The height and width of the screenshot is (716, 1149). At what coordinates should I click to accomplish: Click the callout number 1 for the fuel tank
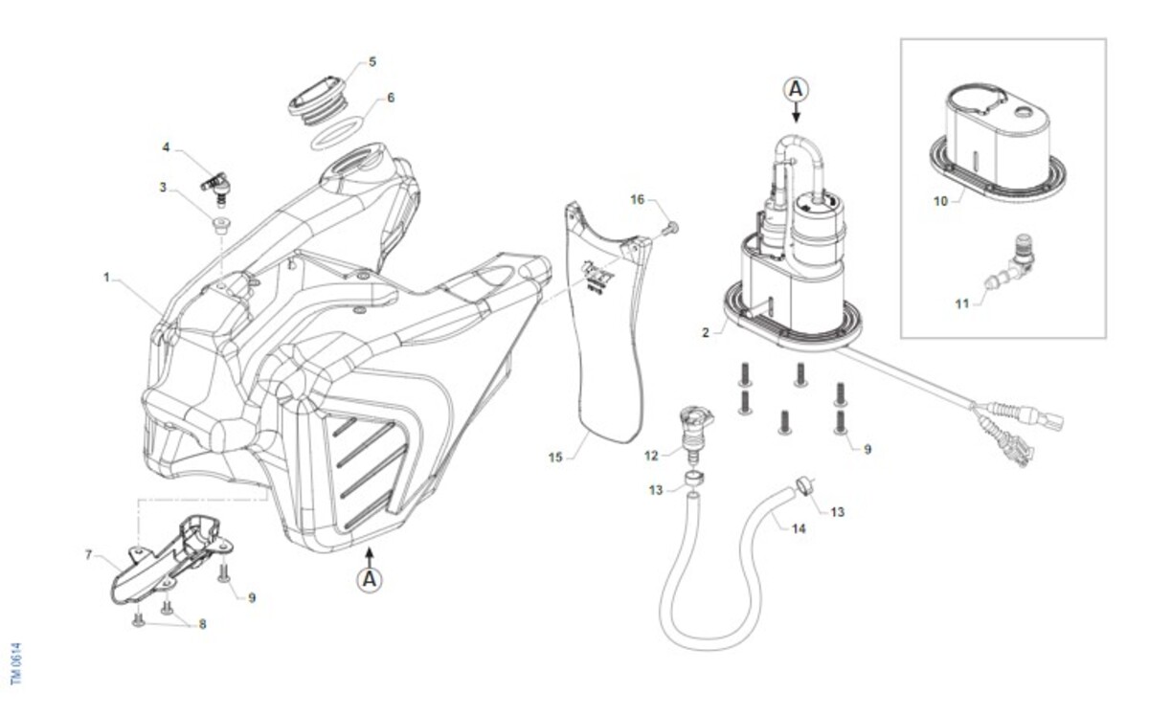pos(106,278)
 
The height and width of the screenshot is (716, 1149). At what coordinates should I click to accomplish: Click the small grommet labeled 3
pos(221,226)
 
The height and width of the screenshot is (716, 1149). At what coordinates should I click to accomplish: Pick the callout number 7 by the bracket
pos(88,554)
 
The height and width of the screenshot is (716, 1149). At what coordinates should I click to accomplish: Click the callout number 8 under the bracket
pos(203,624)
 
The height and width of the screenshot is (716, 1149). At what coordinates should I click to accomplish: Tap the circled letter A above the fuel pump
pos(796,90)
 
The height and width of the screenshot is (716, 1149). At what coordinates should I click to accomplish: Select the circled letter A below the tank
pos(370,579)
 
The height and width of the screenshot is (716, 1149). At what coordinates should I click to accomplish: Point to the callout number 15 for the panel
pos(555,457)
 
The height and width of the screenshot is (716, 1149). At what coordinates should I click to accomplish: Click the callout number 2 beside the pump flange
pos(706,333)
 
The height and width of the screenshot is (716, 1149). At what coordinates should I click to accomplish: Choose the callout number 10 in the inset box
pos(940,201)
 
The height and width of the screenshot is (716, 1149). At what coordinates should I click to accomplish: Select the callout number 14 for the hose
pos(800,528)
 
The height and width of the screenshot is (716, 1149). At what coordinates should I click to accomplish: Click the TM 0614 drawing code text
pos(16,663)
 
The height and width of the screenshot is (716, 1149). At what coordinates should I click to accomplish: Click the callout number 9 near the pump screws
pos(867,449)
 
